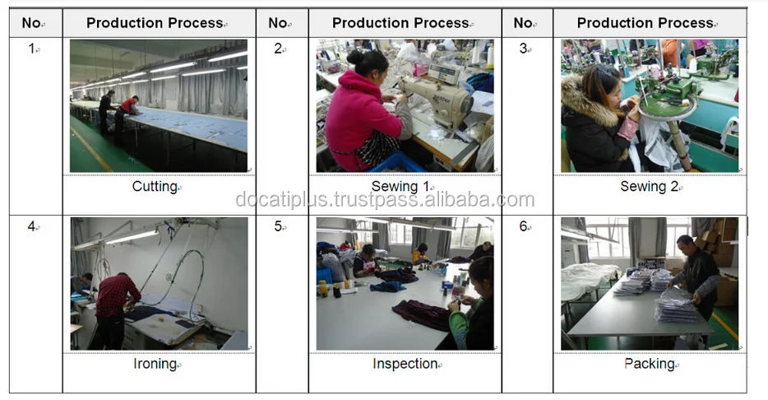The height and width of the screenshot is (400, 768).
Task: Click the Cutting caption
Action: [155, 187]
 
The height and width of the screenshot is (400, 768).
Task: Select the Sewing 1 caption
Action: [400, 186]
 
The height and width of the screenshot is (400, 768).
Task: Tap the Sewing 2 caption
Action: [649, 186]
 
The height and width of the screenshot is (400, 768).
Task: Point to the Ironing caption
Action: [155, 364]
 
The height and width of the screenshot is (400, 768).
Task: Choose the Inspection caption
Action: [405, 364]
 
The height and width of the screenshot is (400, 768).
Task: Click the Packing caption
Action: [650, 364]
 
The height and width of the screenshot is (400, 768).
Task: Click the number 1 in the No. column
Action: [32, 49]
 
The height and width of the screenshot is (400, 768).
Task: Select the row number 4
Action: [31, 226]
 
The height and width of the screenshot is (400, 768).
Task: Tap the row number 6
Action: [523, 226]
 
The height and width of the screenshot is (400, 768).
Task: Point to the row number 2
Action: [278, 49]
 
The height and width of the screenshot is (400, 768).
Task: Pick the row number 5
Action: [278, 226]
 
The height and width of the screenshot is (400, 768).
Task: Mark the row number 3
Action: [523, 49]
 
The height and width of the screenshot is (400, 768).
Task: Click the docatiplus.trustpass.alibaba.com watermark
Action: [385, 199]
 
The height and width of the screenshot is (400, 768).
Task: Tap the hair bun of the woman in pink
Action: [355, 57]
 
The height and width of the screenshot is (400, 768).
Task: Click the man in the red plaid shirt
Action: [116, 309]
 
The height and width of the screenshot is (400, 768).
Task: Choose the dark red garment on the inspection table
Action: [421, 314]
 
